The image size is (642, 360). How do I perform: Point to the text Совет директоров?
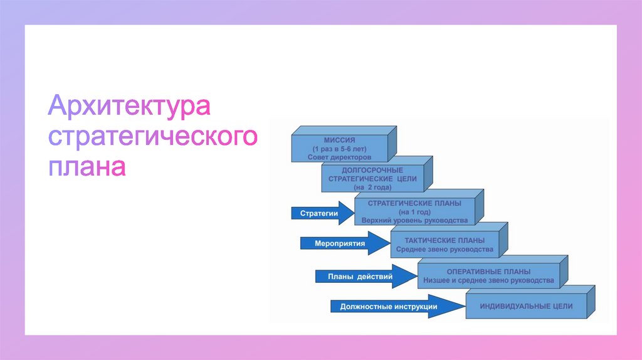coord(340,157)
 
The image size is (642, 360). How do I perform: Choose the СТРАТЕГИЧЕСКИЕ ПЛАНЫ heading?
coord(414,204)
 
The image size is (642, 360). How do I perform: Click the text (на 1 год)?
coord(414,212)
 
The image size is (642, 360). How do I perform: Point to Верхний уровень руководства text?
coord(414,221)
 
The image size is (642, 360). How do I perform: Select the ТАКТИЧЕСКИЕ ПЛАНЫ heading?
coord(445,240)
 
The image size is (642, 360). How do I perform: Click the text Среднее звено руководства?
coord(445,249)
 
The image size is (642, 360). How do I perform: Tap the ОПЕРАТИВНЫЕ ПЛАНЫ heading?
coord(488,272)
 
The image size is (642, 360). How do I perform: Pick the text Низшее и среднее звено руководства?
coord(488,280)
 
